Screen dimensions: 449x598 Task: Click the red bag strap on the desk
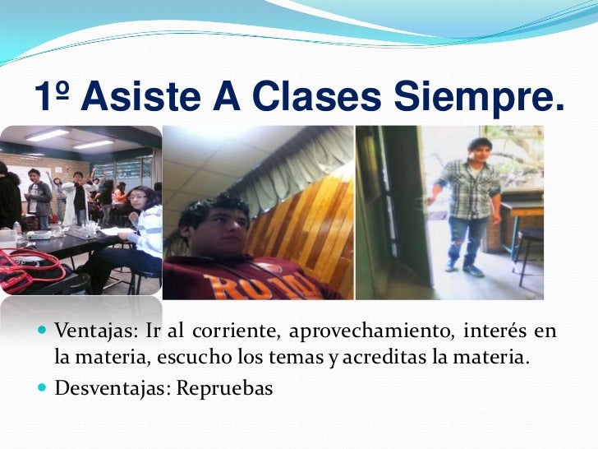[33, 267]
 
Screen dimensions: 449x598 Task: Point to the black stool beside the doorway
[531, 251]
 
